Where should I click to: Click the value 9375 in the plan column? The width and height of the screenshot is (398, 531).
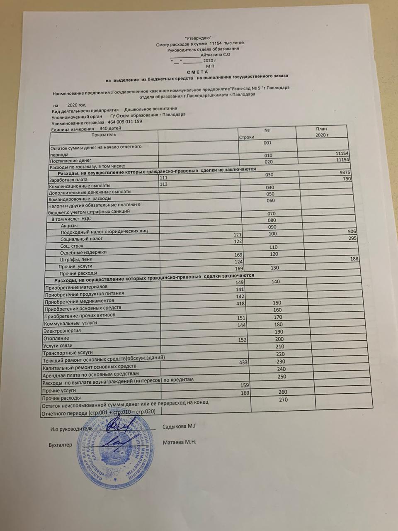click(x=345, y=173)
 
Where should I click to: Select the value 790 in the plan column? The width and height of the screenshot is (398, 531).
click(x=347, y=179)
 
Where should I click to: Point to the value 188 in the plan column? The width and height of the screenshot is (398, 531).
click(x=354, y=258)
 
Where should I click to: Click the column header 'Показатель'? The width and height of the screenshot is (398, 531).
click(x=104, y=134)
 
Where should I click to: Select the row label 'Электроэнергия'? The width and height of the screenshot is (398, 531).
click(x=62, y=331)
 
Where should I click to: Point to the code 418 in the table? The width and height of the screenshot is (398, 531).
click(x=240, y=303)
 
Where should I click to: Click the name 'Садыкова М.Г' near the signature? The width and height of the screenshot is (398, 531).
click(x=179, y=426)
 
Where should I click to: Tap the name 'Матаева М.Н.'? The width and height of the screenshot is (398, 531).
click(x=180, y=442)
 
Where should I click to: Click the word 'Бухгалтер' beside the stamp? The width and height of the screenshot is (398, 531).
click(x=60, y=445)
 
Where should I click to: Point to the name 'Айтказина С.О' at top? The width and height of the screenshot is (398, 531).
click(x=215, y=54)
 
